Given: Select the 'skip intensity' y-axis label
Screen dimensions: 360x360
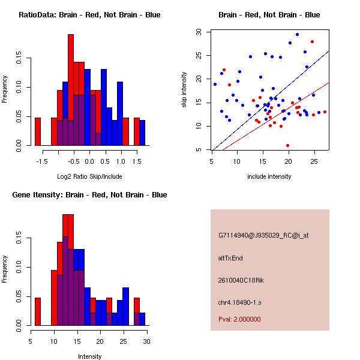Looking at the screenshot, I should click(185, 90).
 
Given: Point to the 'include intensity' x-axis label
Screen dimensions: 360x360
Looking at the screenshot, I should click(269, 176).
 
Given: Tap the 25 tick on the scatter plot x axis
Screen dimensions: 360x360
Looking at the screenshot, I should click(313, 161).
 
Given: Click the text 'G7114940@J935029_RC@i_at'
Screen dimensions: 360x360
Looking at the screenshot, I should click(263, 236).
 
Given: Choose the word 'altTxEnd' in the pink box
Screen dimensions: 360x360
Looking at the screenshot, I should click(230, 258).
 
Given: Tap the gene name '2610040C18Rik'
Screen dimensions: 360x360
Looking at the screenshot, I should click(239, 280).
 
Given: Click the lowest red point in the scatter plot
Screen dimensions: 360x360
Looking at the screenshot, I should click(288, 145).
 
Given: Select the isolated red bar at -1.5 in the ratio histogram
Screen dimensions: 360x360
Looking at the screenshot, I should click(38, 131).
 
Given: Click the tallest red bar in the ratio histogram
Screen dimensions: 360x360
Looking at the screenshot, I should click(71, 90).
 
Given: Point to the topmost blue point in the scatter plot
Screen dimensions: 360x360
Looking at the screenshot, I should click(297, 34).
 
